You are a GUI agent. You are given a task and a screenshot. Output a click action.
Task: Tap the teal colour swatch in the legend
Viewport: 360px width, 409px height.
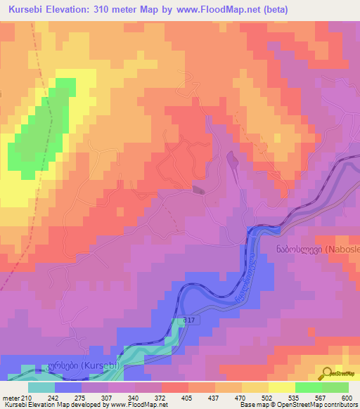pos(41,387)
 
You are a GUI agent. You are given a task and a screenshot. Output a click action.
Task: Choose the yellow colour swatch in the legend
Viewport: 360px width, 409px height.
pos(281,387)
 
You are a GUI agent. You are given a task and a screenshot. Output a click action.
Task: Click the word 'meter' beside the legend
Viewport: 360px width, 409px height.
pos(8,397)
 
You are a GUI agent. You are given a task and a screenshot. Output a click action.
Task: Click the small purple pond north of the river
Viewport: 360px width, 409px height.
pos(232,161)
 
